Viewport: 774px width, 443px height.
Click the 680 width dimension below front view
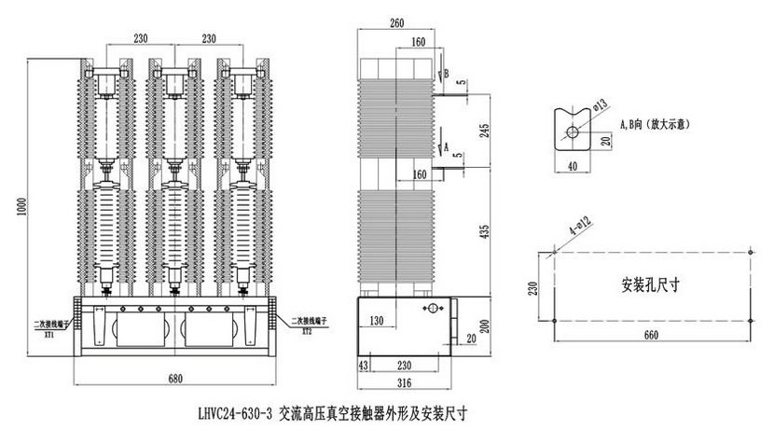point(175,379)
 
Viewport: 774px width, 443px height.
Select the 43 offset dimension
point(364,367)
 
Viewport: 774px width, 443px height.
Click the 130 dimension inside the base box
point(378,321)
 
